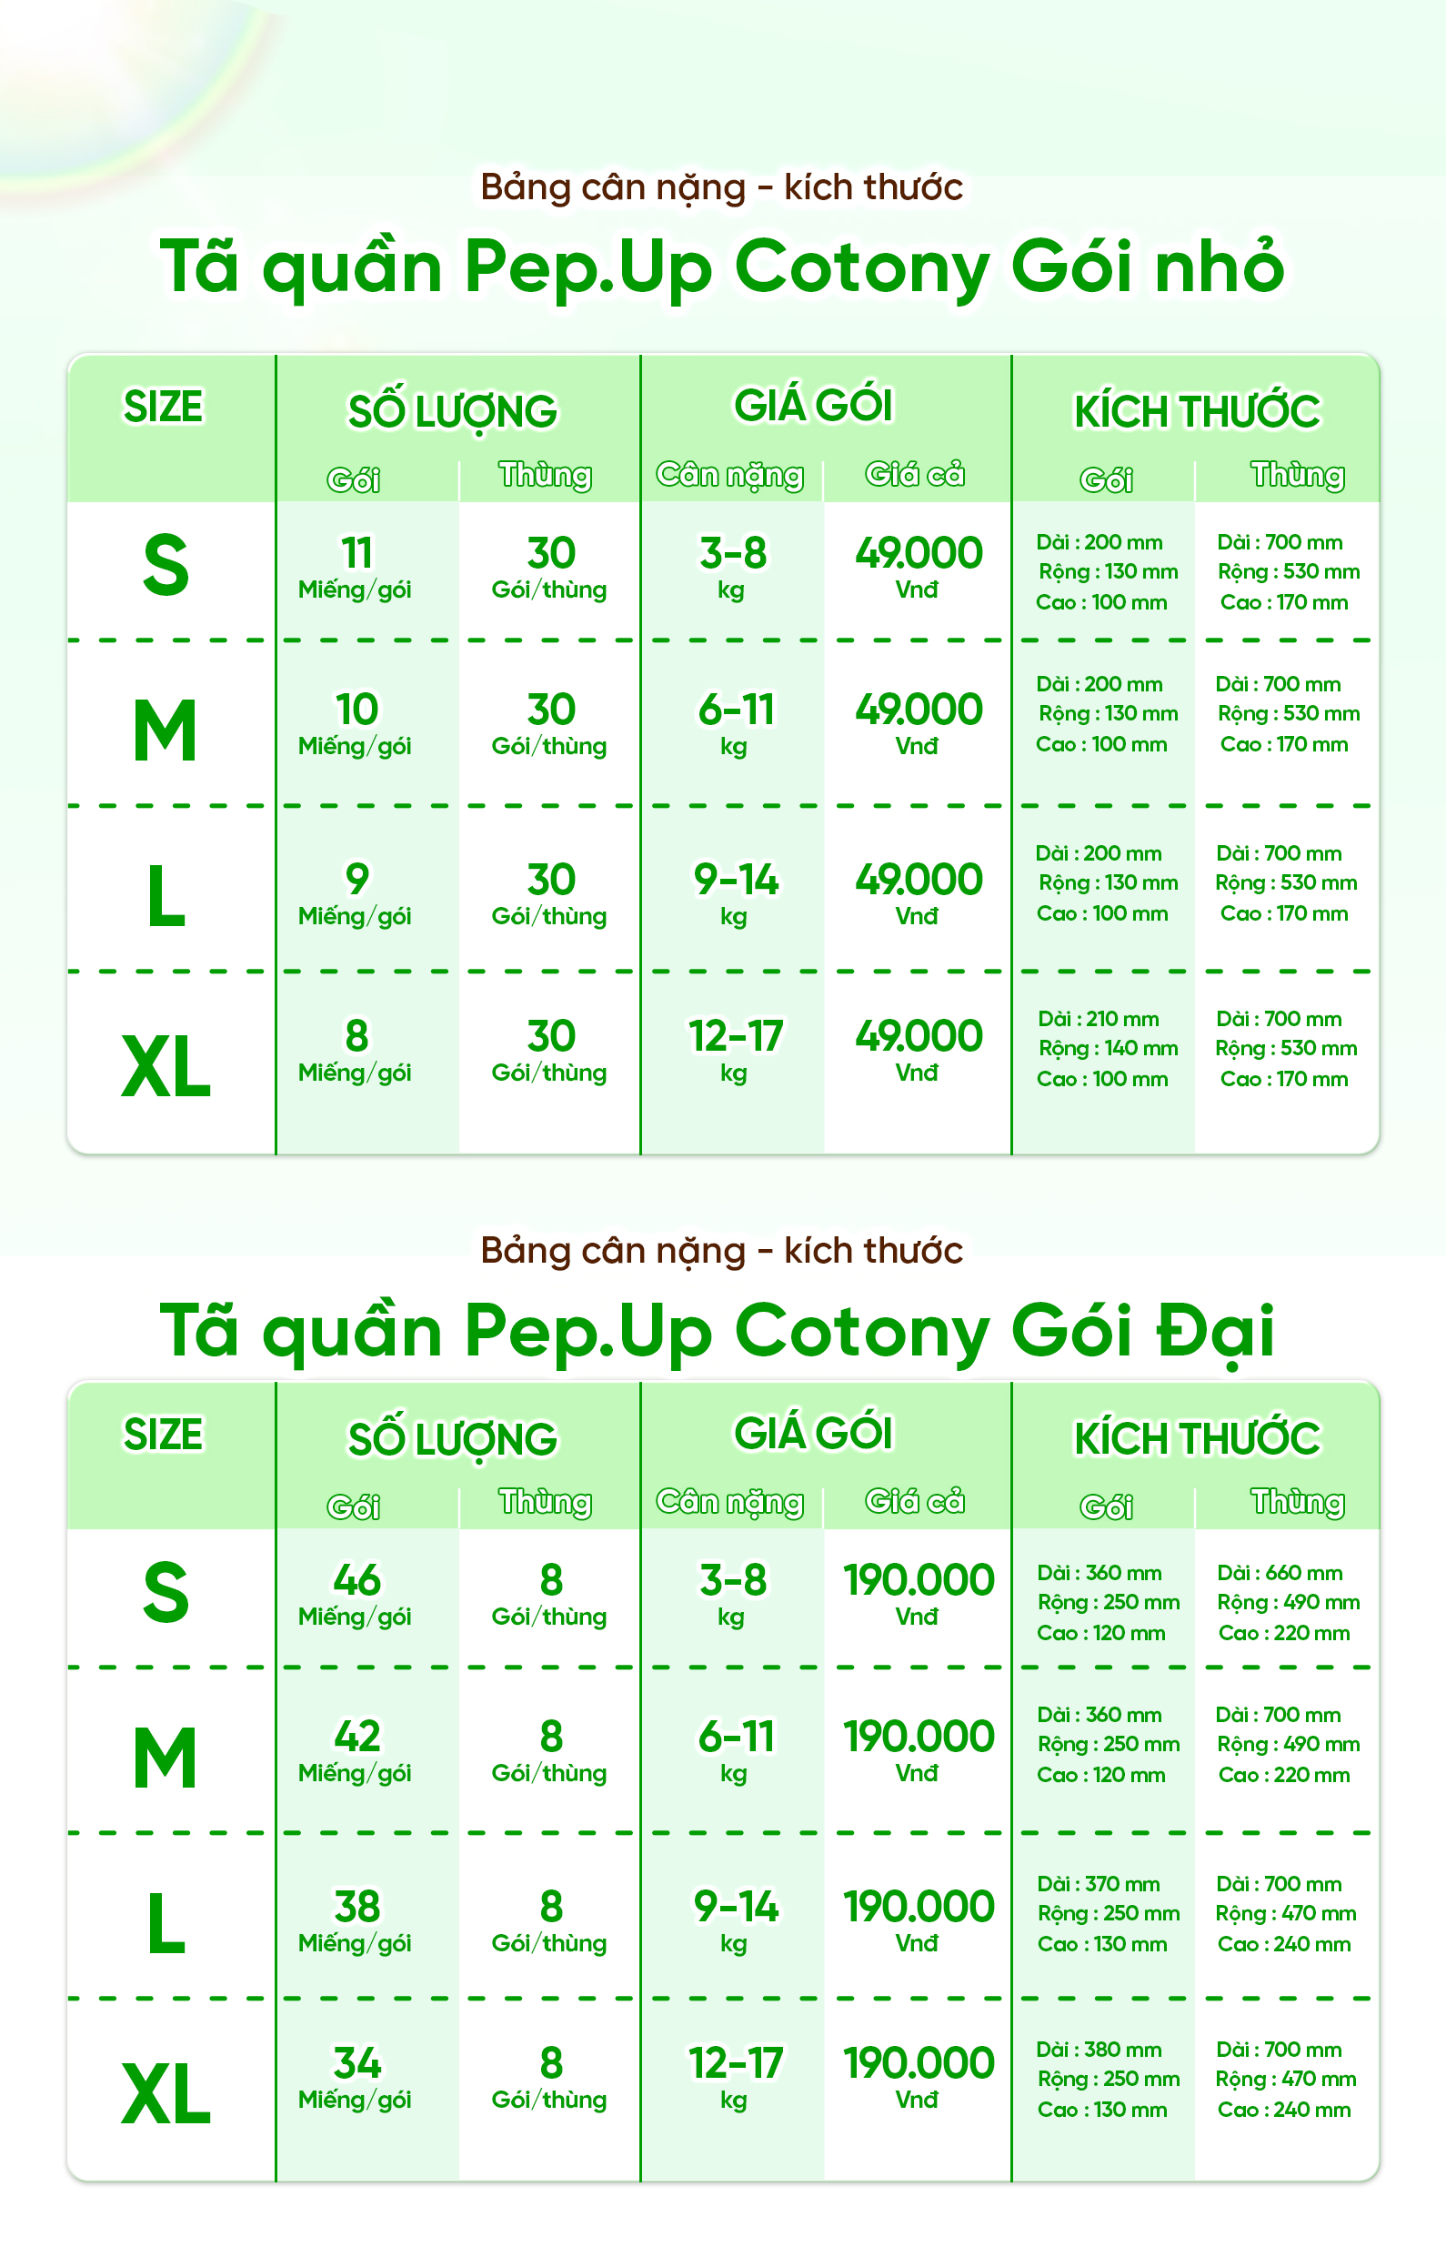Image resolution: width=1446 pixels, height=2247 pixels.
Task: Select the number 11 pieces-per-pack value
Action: coord(356,552)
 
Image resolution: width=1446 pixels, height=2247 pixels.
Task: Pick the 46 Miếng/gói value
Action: coord(356,1579)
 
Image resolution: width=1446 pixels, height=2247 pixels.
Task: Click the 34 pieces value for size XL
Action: coord(356,2063)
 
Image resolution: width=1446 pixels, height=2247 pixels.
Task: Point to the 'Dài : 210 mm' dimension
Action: coord(1098,1019)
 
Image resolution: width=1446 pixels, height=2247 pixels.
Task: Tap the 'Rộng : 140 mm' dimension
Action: coord(1108,1048)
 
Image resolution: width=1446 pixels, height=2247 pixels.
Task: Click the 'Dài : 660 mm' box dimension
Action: coord(1279,1573)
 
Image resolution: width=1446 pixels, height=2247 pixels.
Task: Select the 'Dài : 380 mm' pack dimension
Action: coord(1099,2050)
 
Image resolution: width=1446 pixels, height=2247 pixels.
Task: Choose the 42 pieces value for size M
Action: coord(356,1736)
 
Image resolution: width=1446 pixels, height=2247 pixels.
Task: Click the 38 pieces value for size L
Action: coord(356,1906)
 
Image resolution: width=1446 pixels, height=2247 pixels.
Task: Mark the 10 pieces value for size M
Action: coord(356,709)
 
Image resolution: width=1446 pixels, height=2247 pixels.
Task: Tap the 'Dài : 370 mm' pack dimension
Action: coord(1098,1884)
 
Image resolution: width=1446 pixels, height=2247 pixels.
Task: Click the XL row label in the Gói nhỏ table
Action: coord(166,1067)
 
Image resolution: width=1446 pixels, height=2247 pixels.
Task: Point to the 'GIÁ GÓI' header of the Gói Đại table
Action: coord(813,1433)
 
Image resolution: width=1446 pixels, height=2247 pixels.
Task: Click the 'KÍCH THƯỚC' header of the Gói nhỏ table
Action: coord(1196,411)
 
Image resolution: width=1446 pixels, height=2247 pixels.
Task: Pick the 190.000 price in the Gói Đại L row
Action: coord(919,1906)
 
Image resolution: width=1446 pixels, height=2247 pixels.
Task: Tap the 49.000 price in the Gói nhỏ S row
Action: coord(919,552)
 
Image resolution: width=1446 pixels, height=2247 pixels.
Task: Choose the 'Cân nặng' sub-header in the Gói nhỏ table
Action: coord(729,475)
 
